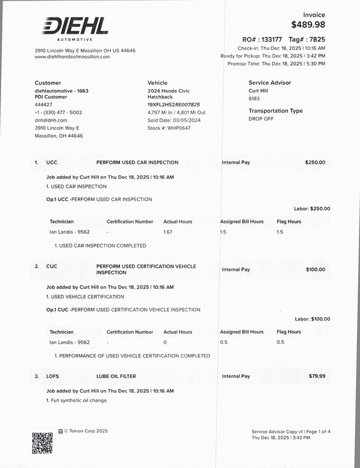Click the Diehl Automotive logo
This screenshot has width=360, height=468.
pyautogui.click(x=74, y=28)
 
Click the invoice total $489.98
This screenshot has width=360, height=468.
pyautogui.click(x=308, y=25)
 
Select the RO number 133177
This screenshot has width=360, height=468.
pyautogui.click(x=269, y=39)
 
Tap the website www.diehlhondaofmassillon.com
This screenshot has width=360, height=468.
pyautogui.click(x=72, y=57)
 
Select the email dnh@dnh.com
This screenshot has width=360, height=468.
pyautogui.click(x=51, y=120)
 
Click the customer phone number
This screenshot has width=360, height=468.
pyautogui.click(x=59, y=112)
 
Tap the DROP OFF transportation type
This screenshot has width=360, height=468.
pyautogui.click(x=261, y=118)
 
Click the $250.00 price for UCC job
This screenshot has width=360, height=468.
pyautogui.click(x=315, y=162)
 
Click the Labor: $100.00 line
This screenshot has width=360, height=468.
pyautogui.click(x=312, y=319)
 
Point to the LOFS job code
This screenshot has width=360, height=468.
pyautogui.click(x=52, y=376)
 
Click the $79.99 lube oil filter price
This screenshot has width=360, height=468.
pyautogui.click(x=317, y=376)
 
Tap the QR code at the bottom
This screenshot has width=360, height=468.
pyautogui.click(x=42, y=443)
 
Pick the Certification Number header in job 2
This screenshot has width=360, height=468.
pyautogui.click(x=130, y=332)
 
